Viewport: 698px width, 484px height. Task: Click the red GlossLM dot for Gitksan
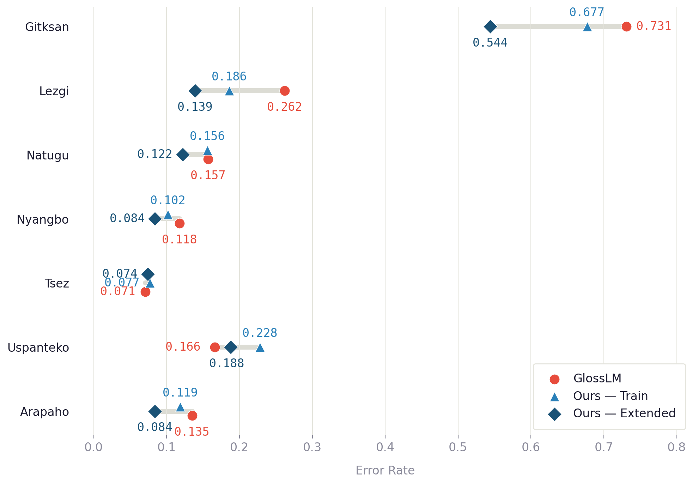point(626,26)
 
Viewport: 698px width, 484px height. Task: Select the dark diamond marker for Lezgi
point(195,91)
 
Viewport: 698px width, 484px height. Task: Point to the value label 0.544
point(490,43)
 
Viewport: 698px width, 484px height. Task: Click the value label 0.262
point(284,107)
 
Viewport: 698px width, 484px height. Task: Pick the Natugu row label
point(48,155)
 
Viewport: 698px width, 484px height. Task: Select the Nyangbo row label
point(43,219)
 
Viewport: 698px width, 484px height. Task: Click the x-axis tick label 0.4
point(385,447)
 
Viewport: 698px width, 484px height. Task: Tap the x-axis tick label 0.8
point(676,447)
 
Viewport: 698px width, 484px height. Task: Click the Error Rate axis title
point(385,471)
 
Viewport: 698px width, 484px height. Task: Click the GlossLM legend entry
point(597,379)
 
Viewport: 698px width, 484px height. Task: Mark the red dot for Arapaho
point(192,416)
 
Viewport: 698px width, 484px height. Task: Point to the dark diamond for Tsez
point(148,274)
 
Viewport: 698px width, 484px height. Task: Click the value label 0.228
point(260,333)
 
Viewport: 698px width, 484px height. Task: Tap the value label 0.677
point(587,12)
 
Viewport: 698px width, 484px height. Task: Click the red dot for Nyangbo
point(180,223)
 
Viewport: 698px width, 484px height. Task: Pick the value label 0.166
point(183,347)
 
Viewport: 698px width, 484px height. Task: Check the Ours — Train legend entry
point(610,396)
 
